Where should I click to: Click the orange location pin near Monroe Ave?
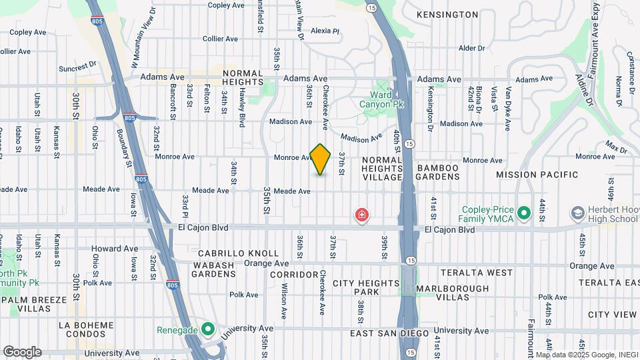point(321,159)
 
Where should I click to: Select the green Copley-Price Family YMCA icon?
point(523,213)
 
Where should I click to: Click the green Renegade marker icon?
point(207,329)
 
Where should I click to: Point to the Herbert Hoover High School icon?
point(577,213)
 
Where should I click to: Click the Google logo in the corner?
point(22,352)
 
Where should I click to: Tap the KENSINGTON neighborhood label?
point(447,15)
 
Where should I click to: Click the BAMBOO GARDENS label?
point(438,172)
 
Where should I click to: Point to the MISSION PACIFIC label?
point(537,175)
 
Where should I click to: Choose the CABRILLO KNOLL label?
point(238,254)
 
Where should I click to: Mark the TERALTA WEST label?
point(476,273)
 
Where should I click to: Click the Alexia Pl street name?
point(325,31)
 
